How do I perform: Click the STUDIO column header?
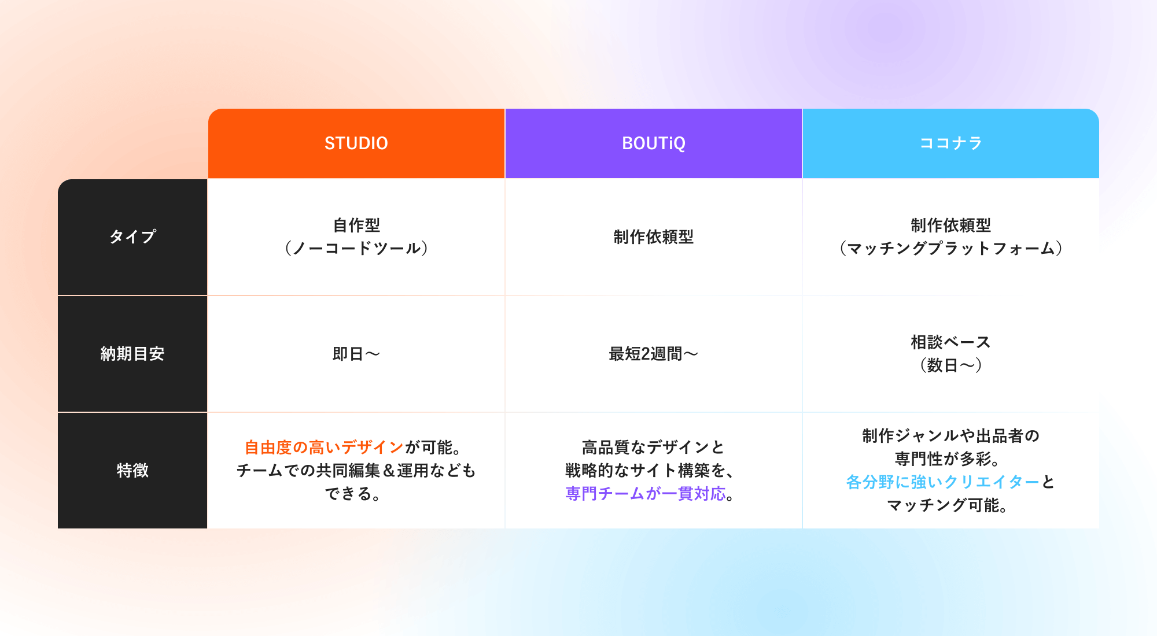tap(356, 143)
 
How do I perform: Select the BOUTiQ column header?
tap(654, 143)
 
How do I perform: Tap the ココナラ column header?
tap(951, 143)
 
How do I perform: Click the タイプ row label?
tap(132, 236)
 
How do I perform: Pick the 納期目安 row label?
tap(132, 353)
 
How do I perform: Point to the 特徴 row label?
tap(132, 470)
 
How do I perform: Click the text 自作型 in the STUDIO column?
tap(356, 225)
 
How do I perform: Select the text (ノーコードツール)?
tap(356, 248)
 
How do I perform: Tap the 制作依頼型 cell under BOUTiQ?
tap(654, 236)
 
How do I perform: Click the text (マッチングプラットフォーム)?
tap(951, 248)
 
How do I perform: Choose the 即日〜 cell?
tap(356, 353)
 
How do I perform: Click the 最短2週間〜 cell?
tap(654, 353)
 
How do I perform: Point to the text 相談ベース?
tap(951, 342)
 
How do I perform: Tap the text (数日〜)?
tap(951, 365)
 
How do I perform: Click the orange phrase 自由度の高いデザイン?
tap(324, 447)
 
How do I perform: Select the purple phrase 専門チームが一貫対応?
tap(646, 493)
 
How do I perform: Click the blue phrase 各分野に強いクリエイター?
tap(943, 482)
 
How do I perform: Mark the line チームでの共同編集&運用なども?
tap(356, 470)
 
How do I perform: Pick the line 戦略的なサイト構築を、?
tap(651, 470)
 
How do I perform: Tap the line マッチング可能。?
tap(948, 505)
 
